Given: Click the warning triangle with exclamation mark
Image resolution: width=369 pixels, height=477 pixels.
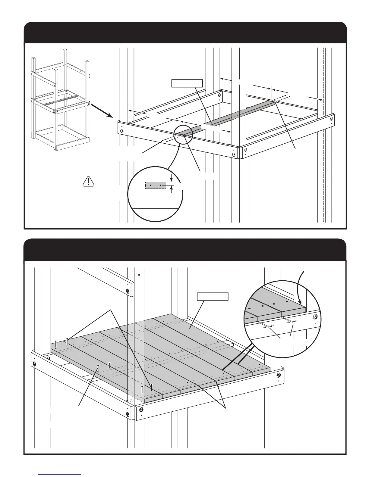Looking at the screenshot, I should (x=88, y=181).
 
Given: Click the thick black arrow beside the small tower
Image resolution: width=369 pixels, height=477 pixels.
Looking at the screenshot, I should (x=101, y=110).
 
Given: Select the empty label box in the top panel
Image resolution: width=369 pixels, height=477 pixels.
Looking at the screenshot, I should (x=187, y=83).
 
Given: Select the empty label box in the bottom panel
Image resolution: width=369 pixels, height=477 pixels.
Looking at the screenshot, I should (x=213, y=297).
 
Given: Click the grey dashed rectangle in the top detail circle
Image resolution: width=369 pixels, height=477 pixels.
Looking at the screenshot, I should (x=156, y=185).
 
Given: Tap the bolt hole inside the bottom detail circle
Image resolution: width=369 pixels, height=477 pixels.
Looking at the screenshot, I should (x=315, y=317).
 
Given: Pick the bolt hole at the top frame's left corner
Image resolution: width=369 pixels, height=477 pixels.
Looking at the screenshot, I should (x=122, y=131).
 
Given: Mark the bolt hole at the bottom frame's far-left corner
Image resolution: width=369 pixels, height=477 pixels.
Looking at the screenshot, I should (x=34, y=364).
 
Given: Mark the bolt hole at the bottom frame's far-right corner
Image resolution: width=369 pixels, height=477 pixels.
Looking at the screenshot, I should (x=279, y=376).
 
